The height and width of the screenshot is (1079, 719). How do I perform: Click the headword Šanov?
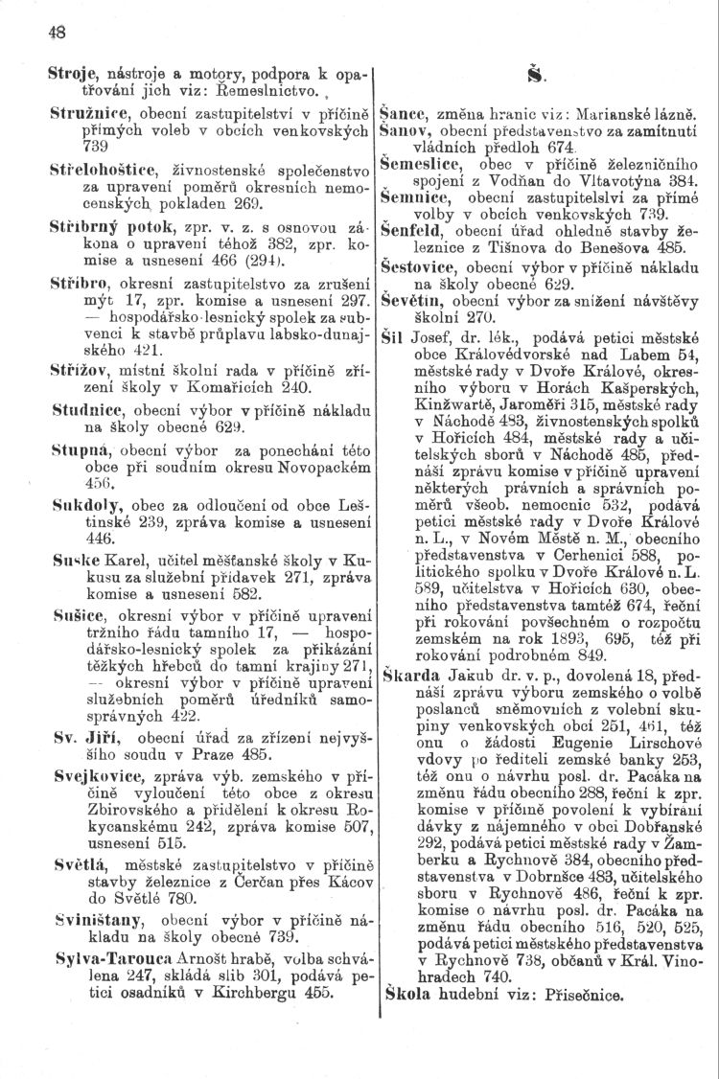(x=403, y=127)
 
